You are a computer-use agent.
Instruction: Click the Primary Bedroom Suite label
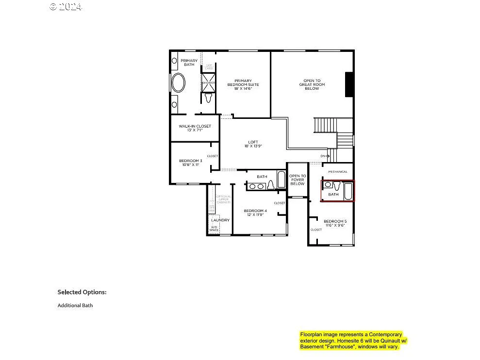[x=243, y=84]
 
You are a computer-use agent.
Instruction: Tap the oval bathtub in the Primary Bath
[x=178, y=83]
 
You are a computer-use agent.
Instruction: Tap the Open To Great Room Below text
[x=312, y=84]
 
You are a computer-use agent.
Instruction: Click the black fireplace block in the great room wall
[x=348, y=84]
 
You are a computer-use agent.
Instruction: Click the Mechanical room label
[x=338, y=172]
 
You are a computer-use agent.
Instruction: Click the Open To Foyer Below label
[x=298, y=180]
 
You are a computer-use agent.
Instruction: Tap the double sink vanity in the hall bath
[x=257, y=186]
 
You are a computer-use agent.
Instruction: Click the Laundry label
[x=220, y=220]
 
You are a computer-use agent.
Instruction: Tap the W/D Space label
[x=214, y=229]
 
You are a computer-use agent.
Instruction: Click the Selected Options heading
[x=82, y=292]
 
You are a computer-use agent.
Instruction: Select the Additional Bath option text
[x=75, y=306]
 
